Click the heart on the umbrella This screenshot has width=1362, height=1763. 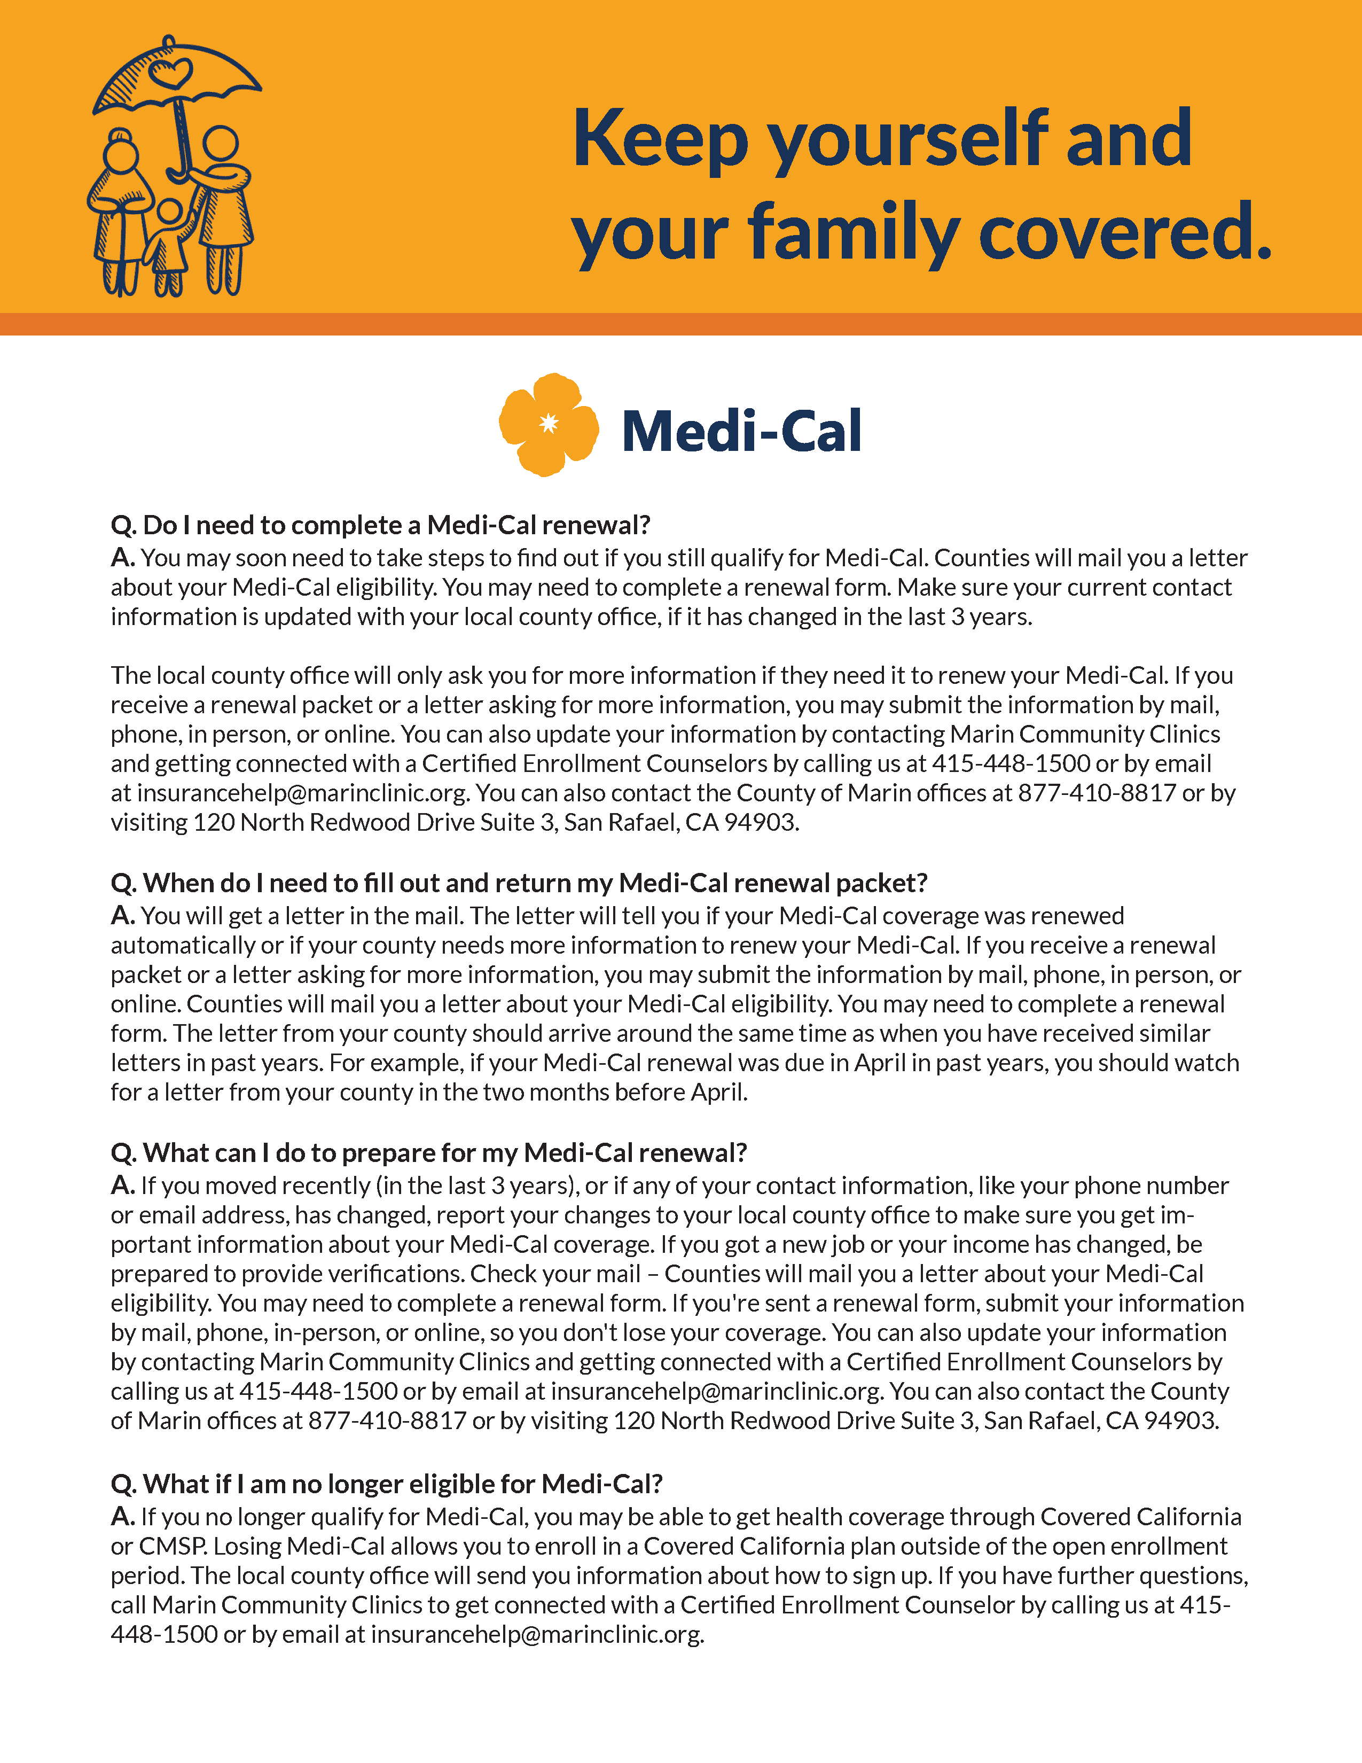click(170, 74)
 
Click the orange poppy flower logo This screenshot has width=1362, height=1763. click(549, 425)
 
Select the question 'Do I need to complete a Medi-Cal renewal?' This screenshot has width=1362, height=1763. click(380, 526)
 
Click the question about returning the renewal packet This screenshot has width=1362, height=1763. click(519, 883)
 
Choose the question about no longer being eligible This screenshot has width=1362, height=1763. click(387, 1484)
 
